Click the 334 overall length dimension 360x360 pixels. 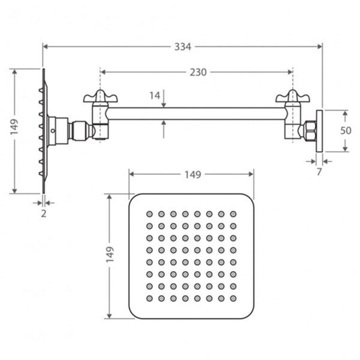click(x=182, y=47)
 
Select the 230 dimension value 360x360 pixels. click(x=198, y=72)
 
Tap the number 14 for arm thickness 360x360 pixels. click(x=155, y=96)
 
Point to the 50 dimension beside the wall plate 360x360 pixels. click(x=346, y=131)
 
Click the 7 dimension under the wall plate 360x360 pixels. click(x=319, y=172)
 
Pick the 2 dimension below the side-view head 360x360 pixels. click(x=44, y=213)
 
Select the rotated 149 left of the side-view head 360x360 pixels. click(x=14, y=127)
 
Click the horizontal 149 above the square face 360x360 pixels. click(x=192, y=175)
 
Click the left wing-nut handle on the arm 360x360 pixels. click(x=100, y=97)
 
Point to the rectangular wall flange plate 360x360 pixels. click(x=319, y=131)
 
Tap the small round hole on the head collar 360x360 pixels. click(x=53, y=130)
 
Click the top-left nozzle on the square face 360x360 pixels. click(x=150, y=214)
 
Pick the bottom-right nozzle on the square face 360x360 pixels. click(x=233, y=298)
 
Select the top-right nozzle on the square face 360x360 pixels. click(x=233, y=214)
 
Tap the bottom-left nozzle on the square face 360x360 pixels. click(x=150, y=298)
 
